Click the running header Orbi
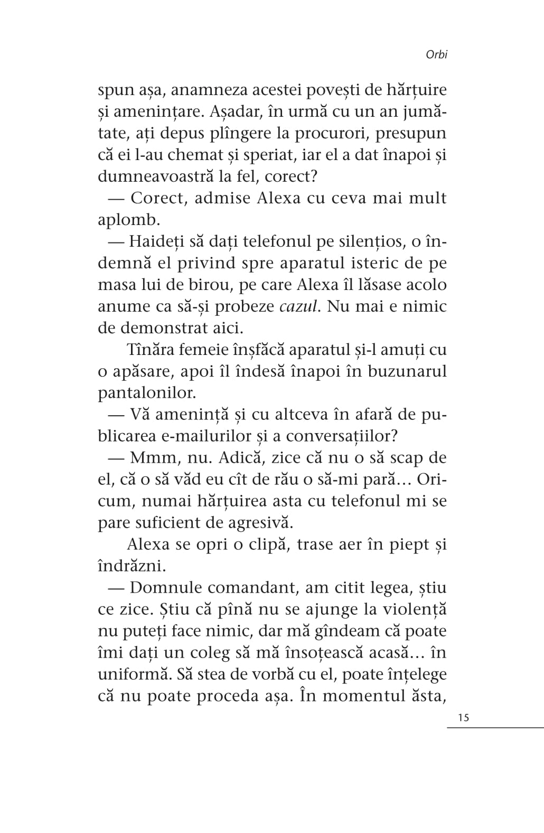click(x=436, y=55)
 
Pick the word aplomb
click(x=129, y=220)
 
